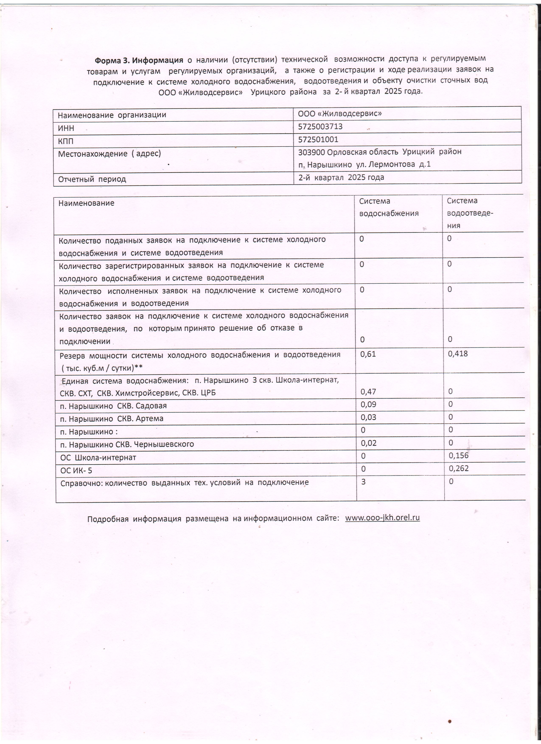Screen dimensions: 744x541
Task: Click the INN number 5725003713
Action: [320, 126]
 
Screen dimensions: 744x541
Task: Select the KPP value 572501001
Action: [318, 139]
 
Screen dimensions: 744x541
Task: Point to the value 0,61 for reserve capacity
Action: [368, 354]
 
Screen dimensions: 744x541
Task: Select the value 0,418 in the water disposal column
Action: [458, 353]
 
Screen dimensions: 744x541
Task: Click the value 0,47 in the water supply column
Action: [368, 391]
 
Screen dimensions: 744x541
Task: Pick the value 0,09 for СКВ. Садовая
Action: [368, 404]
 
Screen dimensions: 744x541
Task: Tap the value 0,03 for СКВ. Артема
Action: [368, 417]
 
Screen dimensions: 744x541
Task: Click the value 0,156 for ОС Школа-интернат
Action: [458, 455]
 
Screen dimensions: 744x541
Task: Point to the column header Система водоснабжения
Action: [388, 207]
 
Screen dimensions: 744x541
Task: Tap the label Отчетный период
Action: [92, 179]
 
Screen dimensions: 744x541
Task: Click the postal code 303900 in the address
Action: [311, 152]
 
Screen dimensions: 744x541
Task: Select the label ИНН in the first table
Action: [66, 128]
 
